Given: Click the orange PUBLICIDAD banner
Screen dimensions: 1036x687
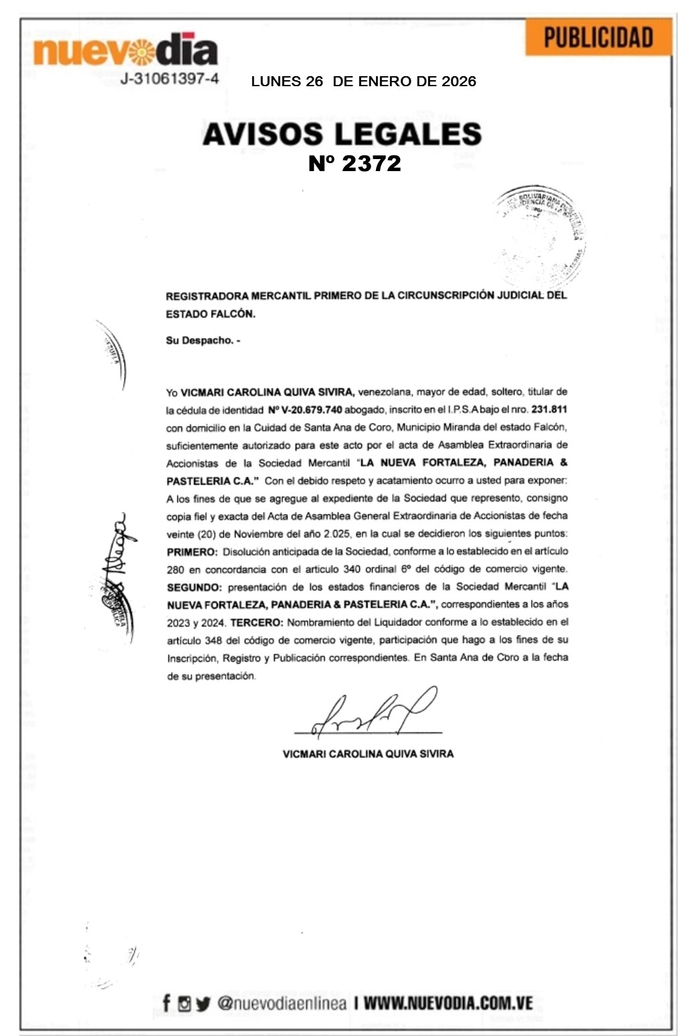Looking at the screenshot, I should [597, 37].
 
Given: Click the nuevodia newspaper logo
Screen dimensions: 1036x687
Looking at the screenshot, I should [125, 49].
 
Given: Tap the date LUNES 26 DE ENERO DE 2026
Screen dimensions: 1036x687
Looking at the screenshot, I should [363, 82].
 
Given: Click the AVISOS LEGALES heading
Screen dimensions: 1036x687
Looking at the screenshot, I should [342, 134].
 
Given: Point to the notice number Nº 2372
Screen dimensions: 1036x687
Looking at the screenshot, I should [355, 164].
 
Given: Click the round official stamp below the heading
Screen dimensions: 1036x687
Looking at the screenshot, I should [541, 235].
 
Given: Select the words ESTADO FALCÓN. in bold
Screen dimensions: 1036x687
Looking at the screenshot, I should [210, 313].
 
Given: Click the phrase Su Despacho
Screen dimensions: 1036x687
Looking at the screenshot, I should [202, 340].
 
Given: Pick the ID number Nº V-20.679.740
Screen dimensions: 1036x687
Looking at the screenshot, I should [304, 409].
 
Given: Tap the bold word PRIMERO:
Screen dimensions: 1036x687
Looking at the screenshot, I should [192, 551].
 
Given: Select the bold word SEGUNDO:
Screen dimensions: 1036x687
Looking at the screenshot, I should [194, 587].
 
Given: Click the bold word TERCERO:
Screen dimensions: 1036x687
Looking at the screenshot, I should [257, 622].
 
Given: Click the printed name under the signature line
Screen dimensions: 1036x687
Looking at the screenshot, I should [368, 753].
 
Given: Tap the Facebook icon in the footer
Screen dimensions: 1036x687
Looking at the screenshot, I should [167, 1003].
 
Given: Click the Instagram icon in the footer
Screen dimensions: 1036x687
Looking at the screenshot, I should [184, 1003].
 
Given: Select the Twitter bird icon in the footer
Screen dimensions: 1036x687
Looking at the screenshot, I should [203, 1003].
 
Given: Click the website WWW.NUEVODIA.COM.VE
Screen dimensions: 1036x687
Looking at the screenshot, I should [448, 1003].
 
